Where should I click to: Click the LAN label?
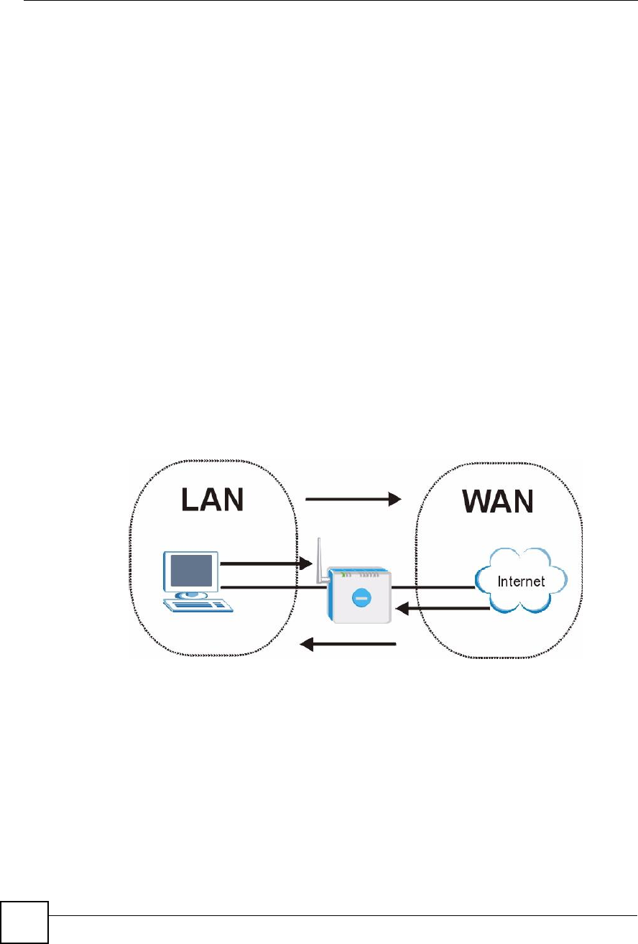[x=212, y=500]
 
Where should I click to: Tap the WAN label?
[x=498, y=501]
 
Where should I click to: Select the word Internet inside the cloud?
[x=521, y=581]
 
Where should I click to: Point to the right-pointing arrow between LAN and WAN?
[x=353, y=500]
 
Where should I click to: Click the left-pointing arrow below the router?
[x=348, y=644]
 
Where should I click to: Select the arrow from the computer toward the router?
[x=267, y=564]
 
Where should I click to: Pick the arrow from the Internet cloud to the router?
[x=443, y=609]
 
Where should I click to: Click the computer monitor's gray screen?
[x=191, y=570]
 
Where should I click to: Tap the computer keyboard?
[x=198, y=605]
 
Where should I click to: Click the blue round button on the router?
[x=361, y=597]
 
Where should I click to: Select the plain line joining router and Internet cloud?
[x=433, y=587]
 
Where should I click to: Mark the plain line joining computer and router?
[x=273, y=587]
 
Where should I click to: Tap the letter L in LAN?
[x=190, y=500]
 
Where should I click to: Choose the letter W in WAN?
[x=477, y=501]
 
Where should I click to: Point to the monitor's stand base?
[x=191, y=594]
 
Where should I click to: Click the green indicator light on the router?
[x=343, y=574]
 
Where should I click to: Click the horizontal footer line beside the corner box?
[x=343, y=915]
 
